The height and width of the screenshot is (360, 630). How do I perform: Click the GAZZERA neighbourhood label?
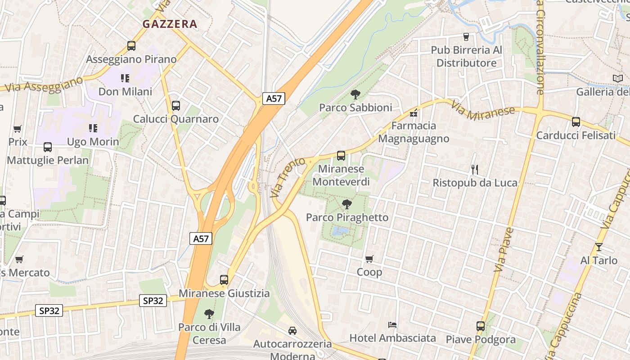pyautogui.click(x=170, y=24)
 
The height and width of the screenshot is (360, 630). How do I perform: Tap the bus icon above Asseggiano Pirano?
pyautogui.click(x=131, y=45)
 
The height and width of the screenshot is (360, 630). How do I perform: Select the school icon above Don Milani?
pyautogui.click(x=125, y=78)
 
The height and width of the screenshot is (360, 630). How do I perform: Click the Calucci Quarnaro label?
pyautogui.click(x=176, y=119)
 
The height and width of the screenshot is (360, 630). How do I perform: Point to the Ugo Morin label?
pyautogui.click(x=93, y=142)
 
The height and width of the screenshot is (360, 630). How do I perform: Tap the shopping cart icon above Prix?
pyautogui.click(x=18, y=129)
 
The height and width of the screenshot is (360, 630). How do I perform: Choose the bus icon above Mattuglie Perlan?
pyautogui.click(x=48, y=147)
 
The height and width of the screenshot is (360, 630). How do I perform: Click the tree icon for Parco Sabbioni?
pyautogui.click(x=355, y=94)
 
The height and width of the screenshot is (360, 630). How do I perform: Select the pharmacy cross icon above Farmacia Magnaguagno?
pyautogui.click(x=414, y=113)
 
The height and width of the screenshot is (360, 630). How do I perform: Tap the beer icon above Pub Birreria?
pyautogui.click(x=466, y=36)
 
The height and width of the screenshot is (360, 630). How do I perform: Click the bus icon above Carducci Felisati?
pyautogui.click(x=576, y=121)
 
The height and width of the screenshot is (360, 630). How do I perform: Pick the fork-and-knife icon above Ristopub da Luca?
pyautogui.click(x=474, y=170)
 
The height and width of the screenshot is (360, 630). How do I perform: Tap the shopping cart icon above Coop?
pyautogui.click(x=369, y=259)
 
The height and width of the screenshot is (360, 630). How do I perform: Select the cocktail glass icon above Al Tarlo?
pyautogui.click(x=598, y=247)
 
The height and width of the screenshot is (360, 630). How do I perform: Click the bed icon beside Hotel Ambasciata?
pyautogui.click(x=392, y=324)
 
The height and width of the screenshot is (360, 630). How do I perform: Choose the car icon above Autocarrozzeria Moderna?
pyautogui.click(x=292, y=331)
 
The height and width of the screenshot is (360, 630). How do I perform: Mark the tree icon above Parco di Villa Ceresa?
pyautogui.click(x=209, y=314)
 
